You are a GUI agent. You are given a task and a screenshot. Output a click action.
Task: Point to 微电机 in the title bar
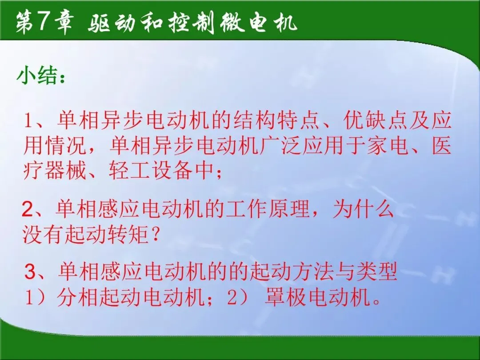[259, 23]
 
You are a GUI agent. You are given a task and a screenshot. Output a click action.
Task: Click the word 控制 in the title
[192, 23]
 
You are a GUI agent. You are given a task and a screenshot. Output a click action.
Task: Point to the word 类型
[376, 271]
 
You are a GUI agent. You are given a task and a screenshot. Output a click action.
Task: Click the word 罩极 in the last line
[285, 297]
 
